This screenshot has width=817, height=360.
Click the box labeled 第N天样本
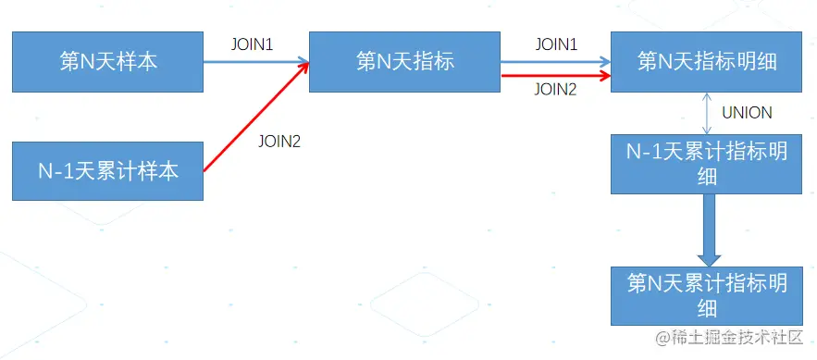107,62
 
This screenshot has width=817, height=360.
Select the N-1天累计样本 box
107,171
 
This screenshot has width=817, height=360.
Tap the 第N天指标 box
404,62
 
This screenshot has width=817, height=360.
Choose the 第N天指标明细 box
707,62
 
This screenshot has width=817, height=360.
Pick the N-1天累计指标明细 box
707,164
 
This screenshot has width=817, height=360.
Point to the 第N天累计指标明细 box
707,295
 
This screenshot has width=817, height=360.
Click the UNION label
748,113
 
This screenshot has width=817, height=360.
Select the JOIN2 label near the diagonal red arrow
280,142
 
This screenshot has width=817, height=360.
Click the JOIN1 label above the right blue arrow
556,43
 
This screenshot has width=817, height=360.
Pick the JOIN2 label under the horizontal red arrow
556,90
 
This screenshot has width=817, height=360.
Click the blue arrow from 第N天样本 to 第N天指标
255,62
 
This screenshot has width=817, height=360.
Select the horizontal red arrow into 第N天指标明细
555,76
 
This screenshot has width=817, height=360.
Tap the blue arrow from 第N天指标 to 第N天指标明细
555,63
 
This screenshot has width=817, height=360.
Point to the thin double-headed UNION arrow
707,113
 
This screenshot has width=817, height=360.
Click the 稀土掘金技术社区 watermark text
730,339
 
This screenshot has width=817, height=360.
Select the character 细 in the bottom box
707,308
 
